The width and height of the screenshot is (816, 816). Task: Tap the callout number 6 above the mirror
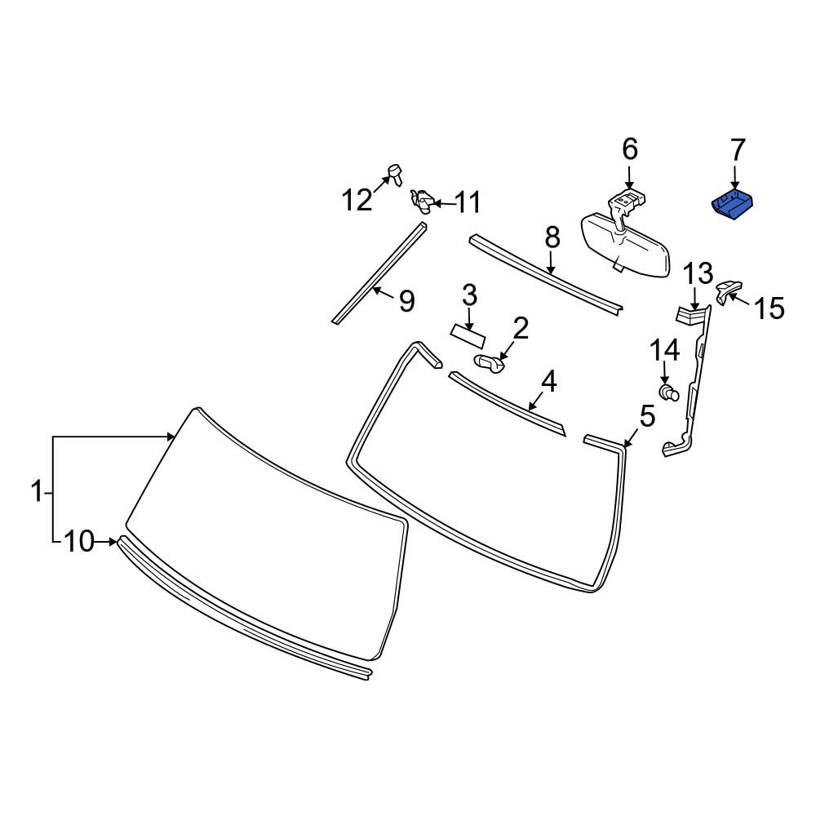point(630,149)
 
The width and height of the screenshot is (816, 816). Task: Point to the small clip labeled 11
point(423,201)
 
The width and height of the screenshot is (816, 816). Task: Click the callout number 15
point(769,308)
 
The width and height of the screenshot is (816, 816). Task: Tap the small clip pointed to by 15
point(729,290)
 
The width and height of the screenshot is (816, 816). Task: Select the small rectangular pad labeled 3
point(468,336)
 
